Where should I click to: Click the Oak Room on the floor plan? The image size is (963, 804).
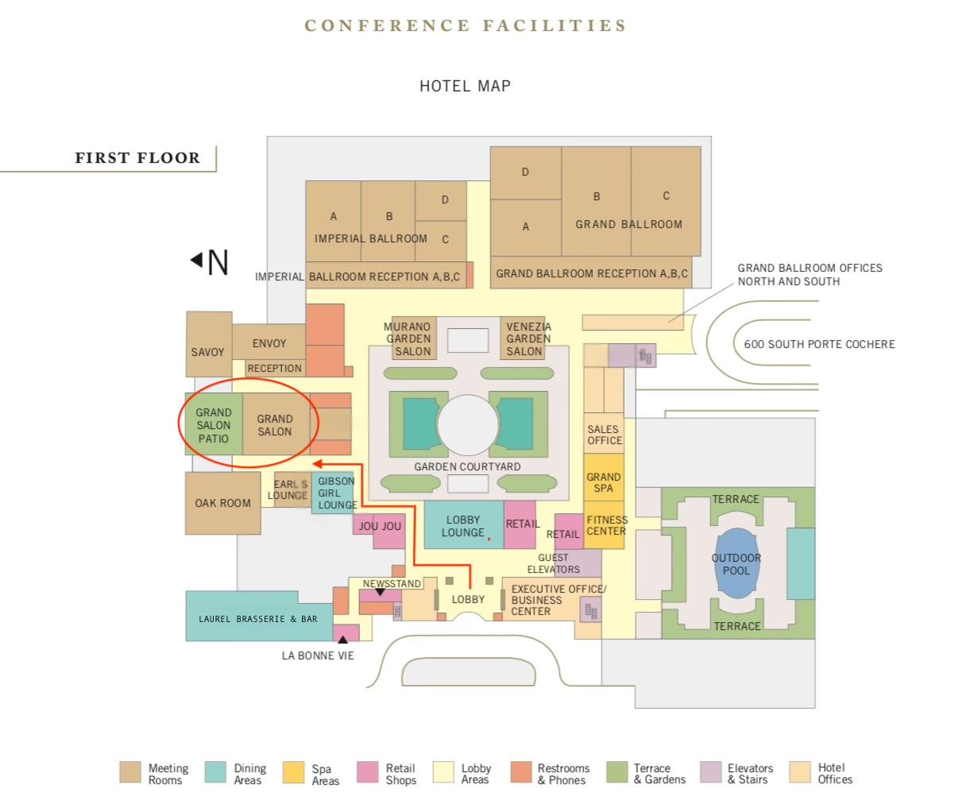pos(222,503)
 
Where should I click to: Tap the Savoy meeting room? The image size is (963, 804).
pos(209,344)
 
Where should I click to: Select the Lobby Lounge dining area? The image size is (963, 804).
pos(463,525)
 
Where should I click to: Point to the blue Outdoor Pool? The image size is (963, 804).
pos(737,563)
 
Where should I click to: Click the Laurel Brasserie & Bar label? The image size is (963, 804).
pos(257,619)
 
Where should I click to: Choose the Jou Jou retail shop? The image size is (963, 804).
pos(380,530)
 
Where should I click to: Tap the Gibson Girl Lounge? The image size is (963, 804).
pos(333,493)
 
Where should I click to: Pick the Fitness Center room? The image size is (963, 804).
pos(604,525)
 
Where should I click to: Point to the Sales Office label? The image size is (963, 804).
pos(605,435)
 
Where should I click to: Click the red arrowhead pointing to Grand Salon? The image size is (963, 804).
pos(317,464)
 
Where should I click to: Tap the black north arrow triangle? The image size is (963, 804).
pos(197,259)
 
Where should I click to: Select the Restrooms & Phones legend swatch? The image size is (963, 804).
pos(521,772)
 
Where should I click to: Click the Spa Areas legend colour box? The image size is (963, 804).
pos(293,772)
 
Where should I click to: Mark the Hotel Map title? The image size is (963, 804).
pos(465,87)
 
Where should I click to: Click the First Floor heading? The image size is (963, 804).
pos(137,158)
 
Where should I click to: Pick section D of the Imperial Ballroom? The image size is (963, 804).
pos(441,201)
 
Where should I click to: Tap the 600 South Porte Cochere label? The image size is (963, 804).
pos(819,344)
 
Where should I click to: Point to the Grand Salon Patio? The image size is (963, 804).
pos(214,424)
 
